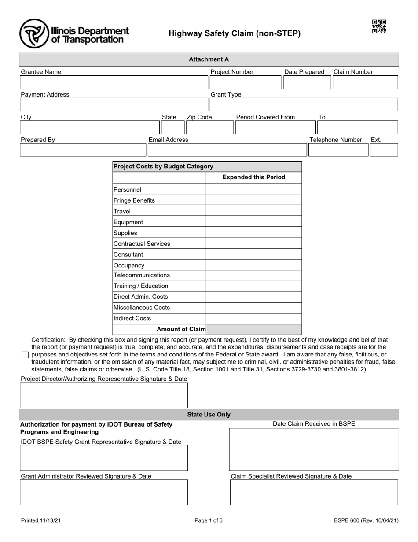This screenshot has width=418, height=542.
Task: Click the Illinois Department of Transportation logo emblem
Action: pyautogui.click(x=33, y=33)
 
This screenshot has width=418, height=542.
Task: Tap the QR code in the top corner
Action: pyautogui.click(x=379, y=27)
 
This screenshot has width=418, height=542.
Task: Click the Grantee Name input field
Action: pyautogui.click(x=114, y=82)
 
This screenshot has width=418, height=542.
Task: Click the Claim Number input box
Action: pyautogui.click(x=365, y=82)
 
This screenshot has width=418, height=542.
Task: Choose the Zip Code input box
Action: pyautogui.click(x=209, y=127)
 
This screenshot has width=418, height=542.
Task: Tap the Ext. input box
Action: pyautogui.click(x=384, y=150)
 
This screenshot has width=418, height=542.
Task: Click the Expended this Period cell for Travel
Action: pyautogui.click(x=254, y=211)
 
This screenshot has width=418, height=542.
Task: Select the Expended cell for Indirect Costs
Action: pyautogui.click(x=254, y=319)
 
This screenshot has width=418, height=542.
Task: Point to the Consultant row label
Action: pyautogui.click(x=128, y=255)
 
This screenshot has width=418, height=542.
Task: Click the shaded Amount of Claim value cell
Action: pyautogui.click(x=254, y=329)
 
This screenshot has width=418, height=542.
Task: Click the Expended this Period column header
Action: pyautogui.click(x=254, y=177)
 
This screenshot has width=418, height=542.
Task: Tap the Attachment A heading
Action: pyautogui.click(x=209, y=59)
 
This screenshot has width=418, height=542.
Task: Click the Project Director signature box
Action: pyautogui.click(x=104, y=395)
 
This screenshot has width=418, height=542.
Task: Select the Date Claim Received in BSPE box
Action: pyautogui.click(x=314, y=449)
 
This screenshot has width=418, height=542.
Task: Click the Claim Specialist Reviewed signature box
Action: pyautogui.click(x=314, y=492)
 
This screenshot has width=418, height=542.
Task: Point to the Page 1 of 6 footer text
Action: pyautogui.click(x=209, y=520)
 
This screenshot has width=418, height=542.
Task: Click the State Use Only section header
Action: pyautogui.click(x=209, y=415)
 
